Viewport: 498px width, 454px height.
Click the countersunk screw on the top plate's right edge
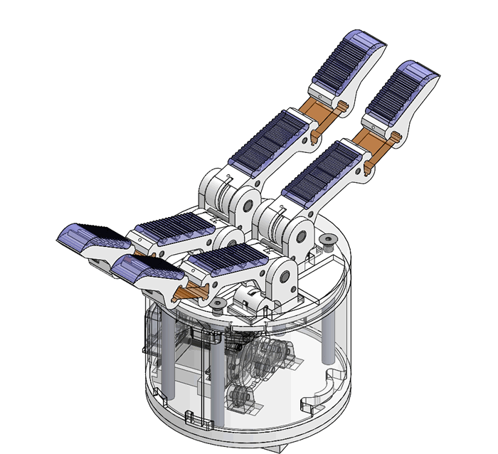pos(328,240)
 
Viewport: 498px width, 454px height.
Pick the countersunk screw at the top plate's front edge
pos(216,307)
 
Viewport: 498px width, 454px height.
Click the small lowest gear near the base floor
pos(240,397)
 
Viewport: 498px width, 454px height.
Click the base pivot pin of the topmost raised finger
pos(249,206)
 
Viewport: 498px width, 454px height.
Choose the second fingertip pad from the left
pos(146,268)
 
